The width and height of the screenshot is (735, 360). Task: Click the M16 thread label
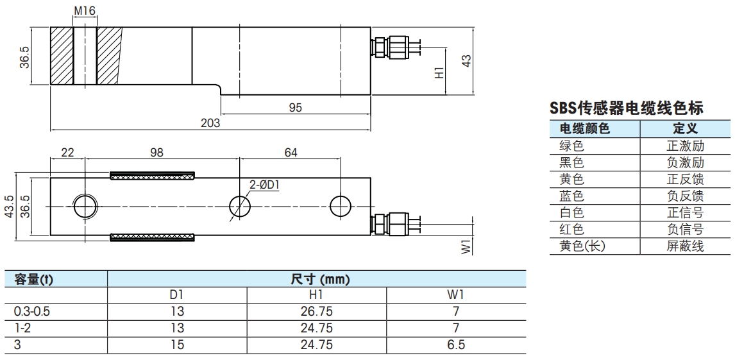click(85, 10)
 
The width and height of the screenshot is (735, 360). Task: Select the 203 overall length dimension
click(210, 123)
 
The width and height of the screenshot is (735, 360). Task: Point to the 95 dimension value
click(295, 107)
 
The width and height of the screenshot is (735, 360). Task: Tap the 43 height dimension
click(466, 60)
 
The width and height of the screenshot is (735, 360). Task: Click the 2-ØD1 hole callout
click(264, 185)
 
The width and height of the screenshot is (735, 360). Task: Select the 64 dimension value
click(290, 152)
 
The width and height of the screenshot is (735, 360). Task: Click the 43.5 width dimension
click(9, 206)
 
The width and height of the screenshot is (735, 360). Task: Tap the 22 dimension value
click(67, 152)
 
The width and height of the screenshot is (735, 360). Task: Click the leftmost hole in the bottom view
click(85, 206)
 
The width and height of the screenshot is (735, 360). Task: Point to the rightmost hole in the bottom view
click(341, 206)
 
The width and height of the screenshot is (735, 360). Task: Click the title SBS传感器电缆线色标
click(627, 108)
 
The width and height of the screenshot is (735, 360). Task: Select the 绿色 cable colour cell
click(571, 146)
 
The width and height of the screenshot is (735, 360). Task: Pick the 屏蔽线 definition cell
click(686, 246)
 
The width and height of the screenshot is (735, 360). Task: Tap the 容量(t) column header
click(34, 280)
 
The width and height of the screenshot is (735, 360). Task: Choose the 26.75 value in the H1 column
click(316, 311)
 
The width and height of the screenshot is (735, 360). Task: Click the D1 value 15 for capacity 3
click(177, 345)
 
